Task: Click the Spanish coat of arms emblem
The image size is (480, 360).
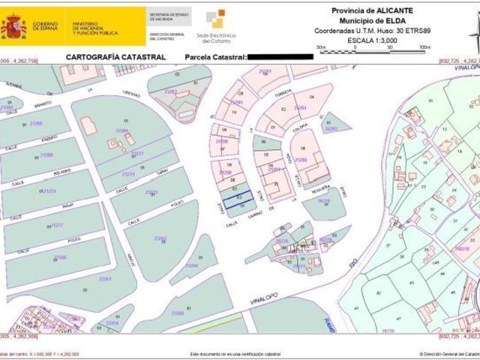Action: click(x=13, y=26)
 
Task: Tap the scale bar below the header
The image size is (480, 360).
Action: click(x=372, y=50)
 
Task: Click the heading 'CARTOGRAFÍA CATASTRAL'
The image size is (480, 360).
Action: click(x=115, y=57)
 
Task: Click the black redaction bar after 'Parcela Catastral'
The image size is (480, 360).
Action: click(x=279, y=57)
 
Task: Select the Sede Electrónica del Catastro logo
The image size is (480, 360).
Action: click(x=215, y=25)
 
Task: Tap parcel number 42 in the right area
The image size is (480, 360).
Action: click(x=377, y=292)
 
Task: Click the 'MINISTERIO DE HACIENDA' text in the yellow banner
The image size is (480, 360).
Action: click(x=94, y=28)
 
